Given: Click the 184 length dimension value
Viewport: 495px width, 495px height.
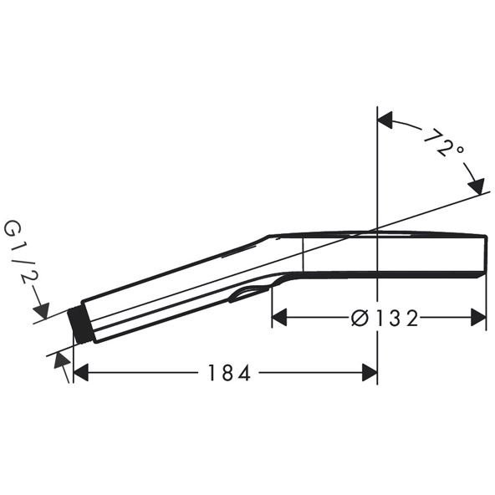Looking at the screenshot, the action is pos(229,373).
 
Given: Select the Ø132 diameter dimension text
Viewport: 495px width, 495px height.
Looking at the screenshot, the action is pos(385,318).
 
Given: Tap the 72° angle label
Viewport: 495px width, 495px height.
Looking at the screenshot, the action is pos(443,143).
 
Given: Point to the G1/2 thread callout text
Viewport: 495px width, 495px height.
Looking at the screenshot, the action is pos(20,253).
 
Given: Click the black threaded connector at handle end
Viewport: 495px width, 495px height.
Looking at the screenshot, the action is pos(80,324).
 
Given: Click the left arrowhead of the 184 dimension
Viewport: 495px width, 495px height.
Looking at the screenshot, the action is pos(81,373).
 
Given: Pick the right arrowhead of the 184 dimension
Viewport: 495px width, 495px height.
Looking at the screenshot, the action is pos(370,373).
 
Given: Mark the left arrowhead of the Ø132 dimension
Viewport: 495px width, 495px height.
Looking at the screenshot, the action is pos(279,318).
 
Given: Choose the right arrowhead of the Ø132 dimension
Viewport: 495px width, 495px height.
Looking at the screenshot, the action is pos(478,318).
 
